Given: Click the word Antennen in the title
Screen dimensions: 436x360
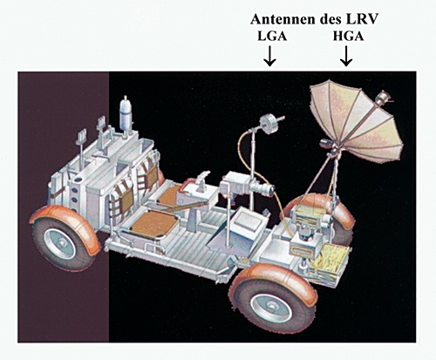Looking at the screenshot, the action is [x=283, y=19].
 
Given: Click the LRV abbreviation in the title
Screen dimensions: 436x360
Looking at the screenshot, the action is [x=363, y=19].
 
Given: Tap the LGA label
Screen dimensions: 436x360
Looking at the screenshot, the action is [x=272, y=37].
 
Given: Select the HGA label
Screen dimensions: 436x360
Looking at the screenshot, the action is [x=348, y=37].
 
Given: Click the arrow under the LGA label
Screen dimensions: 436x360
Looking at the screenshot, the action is [x=269, y=56].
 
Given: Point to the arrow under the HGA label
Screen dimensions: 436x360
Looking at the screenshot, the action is [x=346, y=56].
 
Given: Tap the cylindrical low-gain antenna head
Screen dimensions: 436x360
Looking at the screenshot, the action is [x=269, y=124].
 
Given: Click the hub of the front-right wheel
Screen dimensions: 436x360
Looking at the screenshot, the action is [x=271, y=305].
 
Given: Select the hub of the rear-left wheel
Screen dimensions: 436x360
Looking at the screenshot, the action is [x=60, y=243].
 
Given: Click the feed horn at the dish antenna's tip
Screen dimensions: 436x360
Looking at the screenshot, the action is [x=384, y=98].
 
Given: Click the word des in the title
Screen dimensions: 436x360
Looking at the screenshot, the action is [x=330, y=19].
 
